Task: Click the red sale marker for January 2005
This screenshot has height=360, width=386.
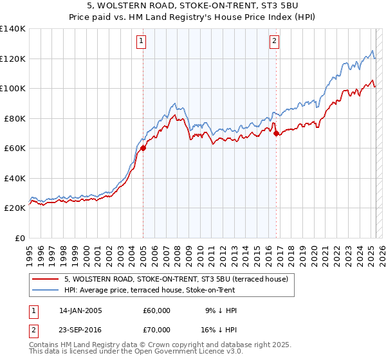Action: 143,148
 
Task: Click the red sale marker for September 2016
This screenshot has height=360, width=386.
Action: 276,134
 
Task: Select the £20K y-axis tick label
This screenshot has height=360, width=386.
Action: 15,208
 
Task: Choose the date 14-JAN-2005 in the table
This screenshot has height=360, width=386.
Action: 80,310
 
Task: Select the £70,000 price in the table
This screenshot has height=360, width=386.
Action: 157,330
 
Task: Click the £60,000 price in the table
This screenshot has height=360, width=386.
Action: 157,310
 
